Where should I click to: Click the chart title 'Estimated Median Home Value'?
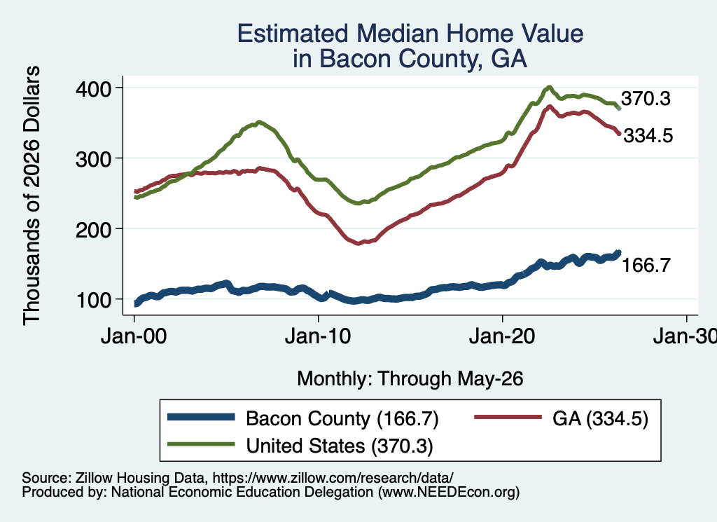pos(410,34)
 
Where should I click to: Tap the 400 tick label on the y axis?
pos(93,88)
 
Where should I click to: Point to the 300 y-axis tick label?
pos(93,159)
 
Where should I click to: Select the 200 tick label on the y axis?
pos(93,229)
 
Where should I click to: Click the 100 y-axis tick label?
pos(93,300)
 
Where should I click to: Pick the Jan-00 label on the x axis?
pos(134,337)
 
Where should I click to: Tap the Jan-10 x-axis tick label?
pos(318,337)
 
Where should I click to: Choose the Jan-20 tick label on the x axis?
pos(502,337)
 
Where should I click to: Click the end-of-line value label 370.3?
pos(646,98)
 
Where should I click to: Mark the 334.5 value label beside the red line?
pos(648,135)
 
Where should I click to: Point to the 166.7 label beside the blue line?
pos(646,265)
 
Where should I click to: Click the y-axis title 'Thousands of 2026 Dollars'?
pos(32,195)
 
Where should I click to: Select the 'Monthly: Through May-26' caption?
pos(410,379)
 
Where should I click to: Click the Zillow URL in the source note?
pos(333,478)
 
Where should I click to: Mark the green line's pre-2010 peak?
pos(259,122)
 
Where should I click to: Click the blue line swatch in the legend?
pos(201,417)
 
